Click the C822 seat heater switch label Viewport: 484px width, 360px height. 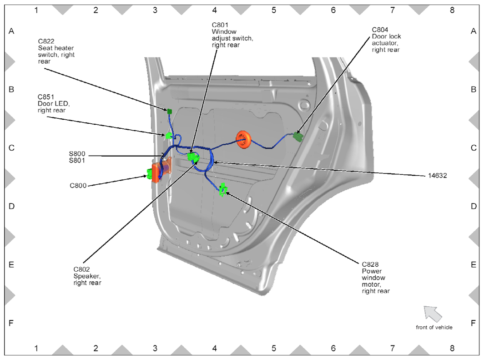point(56,51)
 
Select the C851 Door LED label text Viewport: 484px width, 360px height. point(51,103)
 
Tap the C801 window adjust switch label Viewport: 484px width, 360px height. point(232,35)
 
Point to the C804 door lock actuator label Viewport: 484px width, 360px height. point(386,40)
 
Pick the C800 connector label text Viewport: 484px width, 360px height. point(78,186)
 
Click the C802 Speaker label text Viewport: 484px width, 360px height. point(87,276)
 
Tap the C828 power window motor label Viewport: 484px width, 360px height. point(376,277)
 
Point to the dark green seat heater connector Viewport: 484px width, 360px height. point(169,111)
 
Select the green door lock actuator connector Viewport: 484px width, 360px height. point(298,136)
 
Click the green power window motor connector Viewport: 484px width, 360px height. point(223,189)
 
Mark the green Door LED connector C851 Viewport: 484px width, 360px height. point(169,135)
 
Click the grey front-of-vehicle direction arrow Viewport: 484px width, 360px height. point(432,313)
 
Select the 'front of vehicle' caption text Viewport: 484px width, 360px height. point(434,327)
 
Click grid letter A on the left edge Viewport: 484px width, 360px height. point(12,31)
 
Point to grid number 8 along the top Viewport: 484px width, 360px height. point(452,10)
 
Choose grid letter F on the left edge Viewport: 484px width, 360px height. point(12,323)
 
